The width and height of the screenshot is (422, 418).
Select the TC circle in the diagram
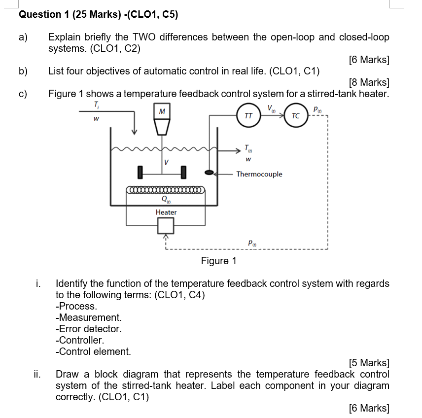[295, 116]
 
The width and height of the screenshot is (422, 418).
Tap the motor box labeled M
[162, 112]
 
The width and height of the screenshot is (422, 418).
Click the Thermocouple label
[259, 174]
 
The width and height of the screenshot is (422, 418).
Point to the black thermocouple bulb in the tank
[210, 173]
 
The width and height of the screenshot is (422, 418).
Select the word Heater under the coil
[166, 212]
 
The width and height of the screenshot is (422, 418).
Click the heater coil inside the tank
[165, 189]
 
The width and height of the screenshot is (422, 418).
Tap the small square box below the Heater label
[166, 225]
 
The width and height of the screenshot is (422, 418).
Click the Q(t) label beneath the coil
[166, 200]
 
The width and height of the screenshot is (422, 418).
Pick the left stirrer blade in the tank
[141, 172]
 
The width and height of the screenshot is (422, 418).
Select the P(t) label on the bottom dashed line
[252, 242]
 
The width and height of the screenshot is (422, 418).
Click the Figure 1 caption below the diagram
[218, 261]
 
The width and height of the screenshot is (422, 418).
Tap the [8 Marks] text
[368, 82]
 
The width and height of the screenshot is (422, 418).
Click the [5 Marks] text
[368, 363]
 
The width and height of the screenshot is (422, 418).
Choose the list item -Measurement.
[88, 317]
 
